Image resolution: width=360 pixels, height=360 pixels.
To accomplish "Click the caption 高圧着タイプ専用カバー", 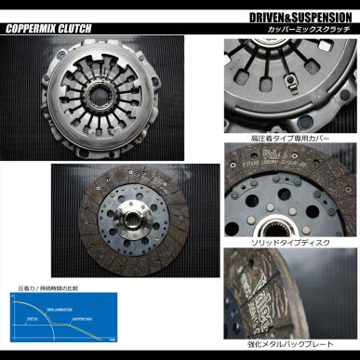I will (292, 139).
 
